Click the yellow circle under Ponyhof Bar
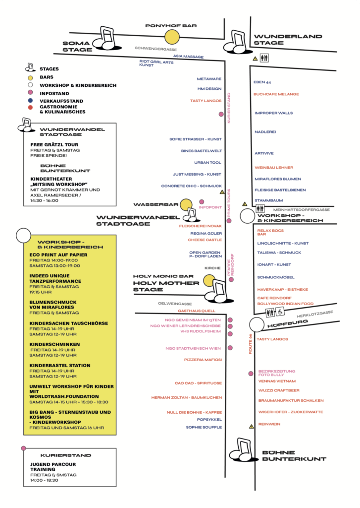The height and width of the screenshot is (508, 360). pyautogui.click(x=172, y=37)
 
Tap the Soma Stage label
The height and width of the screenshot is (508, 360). pyautogui.click(x=77, y=46)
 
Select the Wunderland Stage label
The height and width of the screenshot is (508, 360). pyautogui.click(x=288, y=40)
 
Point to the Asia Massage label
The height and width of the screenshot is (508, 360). pyautogui.click(x=188, y=57)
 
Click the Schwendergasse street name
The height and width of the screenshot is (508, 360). pyautogui.click(x=156, y=49)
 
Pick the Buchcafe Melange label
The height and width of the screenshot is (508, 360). pyautogui.click(x=276, y=94)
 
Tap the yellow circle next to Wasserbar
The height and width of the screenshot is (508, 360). pyautogui.click(x=186, y=205)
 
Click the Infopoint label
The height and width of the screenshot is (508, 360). pyautogui.click(x=210, y=207)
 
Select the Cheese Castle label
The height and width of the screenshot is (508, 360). pyautogui.click(x=205, y=240)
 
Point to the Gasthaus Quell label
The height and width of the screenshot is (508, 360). pyautogui.click(x=197, y=311)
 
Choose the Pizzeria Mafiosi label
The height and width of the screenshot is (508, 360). pyautogui.click(x=203, y=360)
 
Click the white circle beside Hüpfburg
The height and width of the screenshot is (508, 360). pyautogui.click(x=257, y=324)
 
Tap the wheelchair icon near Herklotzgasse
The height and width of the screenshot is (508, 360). pyautogui.click(x=280, y=312)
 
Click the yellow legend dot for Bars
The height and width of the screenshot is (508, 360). pyautogui.click(x=30, y=77)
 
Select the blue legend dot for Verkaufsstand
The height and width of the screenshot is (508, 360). pyautogui.click(x=30, y=100)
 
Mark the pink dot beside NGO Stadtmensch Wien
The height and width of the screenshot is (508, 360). pyautogui.click(x=230, y=348)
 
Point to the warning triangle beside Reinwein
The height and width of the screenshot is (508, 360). pyautogui.click(x=252, y=426)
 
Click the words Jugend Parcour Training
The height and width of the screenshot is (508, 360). pyautogui.click(x=53, y=467)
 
